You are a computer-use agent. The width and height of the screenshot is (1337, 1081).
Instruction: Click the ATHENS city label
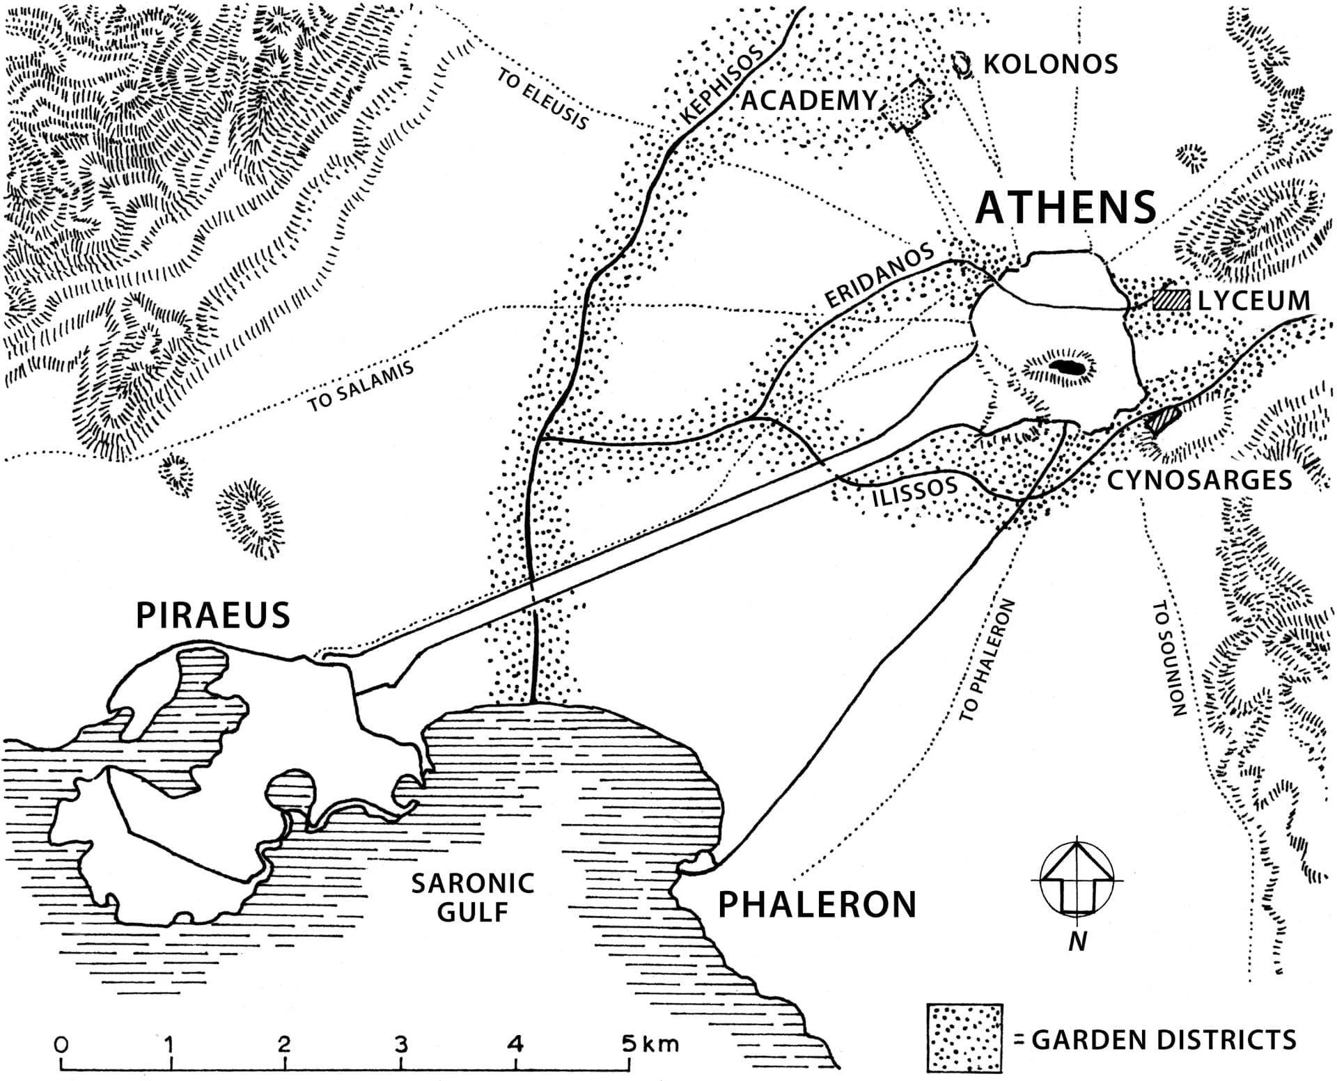(1065, 207)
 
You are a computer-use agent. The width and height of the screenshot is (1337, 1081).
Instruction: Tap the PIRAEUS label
(212, 615)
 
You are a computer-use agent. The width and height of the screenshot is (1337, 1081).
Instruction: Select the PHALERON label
(817, 904)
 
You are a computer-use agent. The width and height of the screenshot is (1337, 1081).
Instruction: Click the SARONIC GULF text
(472, 897)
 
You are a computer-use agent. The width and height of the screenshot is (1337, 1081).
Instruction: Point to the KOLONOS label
(1050, 64)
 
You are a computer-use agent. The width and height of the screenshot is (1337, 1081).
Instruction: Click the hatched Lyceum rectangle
(1171, 300)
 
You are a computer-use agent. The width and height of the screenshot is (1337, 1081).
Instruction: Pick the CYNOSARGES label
(1199, 480)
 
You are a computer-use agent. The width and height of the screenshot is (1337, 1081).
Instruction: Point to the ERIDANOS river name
(879, 276)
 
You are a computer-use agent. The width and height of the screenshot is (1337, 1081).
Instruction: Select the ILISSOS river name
(914, 491)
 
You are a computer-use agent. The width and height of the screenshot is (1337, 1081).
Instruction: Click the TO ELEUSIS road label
(543, 99)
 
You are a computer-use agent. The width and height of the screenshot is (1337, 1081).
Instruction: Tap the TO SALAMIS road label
(361, 387)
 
